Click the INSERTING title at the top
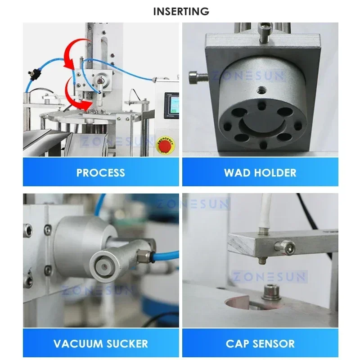pyautogui.click(x=181, y=11)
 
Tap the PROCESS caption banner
pyautogui.click(x=101, y=172)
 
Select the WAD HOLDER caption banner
pyautogui.click(x=260, y=172)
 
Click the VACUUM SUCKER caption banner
pyautogui.click(x=101, y=344)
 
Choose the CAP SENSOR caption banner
pyautogui.click(x=260, y=344)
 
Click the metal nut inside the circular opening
pyautogui.click(x=271, y=290)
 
